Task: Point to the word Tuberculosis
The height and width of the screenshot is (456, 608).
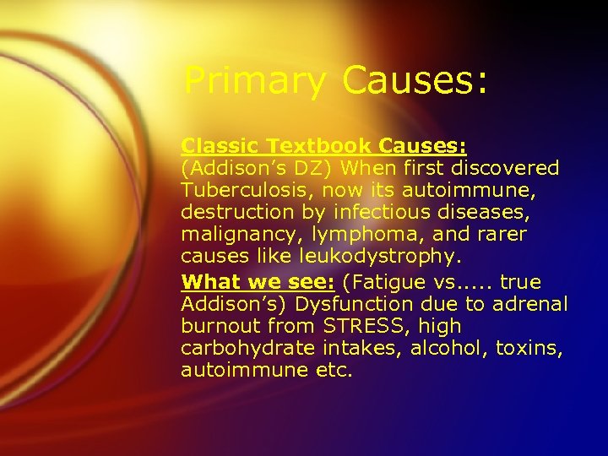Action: (243, 190)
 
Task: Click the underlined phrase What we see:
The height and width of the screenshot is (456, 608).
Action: (258, 281)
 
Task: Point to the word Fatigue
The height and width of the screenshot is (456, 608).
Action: (384, 281)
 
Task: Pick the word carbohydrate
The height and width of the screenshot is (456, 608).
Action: (244, 348)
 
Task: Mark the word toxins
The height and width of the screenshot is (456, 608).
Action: (528, 348)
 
